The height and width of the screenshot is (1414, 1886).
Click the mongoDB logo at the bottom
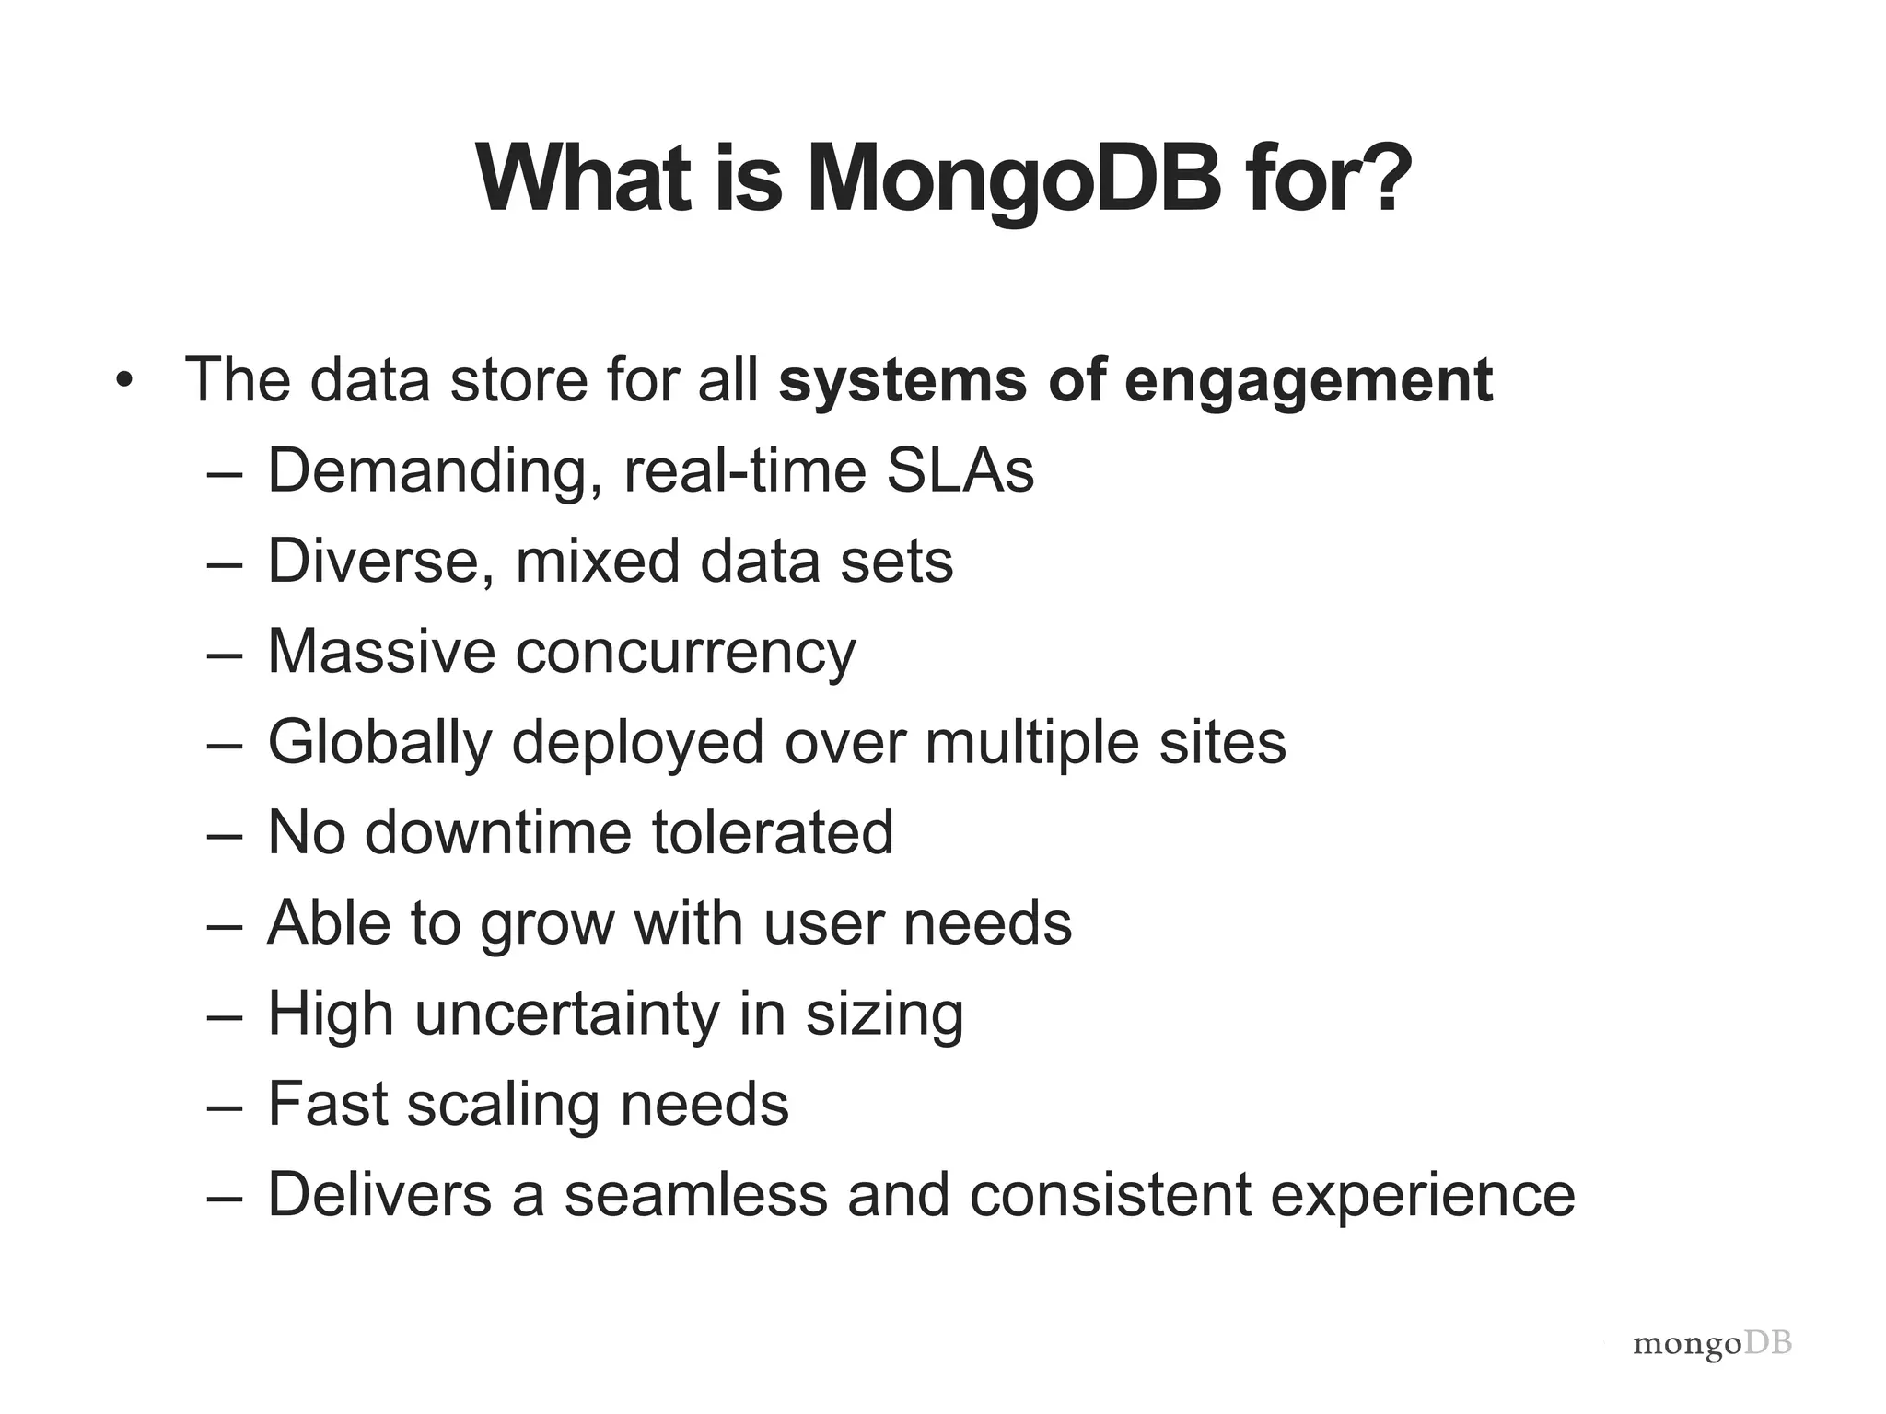[1712, 1345]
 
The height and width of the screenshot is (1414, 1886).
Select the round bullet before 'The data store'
[125, 380]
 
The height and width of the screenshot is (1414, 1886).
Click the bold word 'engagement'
[1308, 382]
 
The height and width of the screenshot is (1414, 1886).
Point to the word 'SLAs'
[960, 470]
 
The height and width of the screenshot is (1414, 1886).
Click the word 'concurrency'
[685, 653]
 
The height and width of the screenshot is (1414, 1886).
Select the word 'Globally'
[380, 743]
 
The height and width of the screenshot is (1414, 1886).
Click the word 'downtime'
[498, 832]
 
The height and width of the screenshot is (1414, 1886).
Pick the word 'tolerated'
[773, 832]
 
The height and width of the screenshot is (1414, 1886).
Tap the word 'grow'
[546, 923]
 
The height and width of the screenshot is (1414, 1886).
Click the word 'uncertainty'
[565, 1014]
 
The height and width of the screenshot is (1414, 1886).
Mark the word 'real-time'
[745, 470]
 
